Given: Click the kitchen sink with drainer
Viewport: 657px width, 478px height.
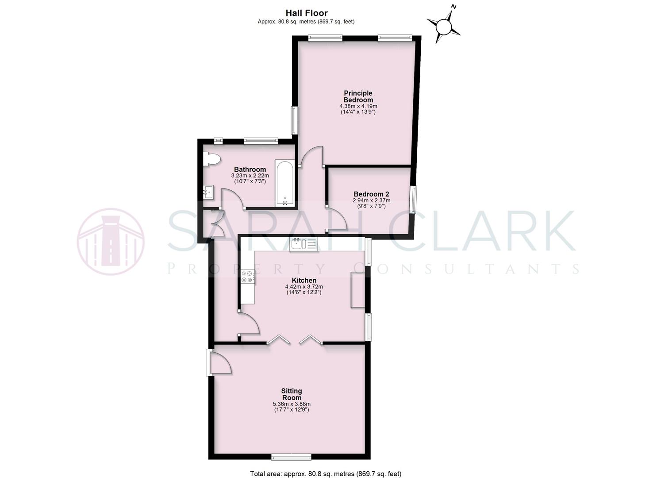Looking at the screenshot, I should pos(304,244).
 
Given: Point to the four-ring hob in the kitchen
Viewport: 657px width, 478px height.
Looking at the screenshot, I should pos(247,277).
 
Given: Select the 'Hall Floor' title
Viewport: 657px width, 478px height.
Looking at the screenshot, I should pos(306,13).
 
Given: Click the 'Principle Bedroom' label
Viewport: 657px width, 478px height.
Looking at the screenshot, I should pos(358,96).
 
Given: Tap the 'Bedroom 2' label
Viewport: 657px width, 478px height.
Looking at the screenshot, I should pos(371,194).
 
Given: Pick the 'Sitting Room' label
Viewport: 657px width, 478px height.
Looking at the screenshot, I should pos(292,394).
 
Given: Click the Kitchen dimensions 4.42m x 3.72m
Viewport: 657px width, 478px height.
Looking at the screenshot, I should pos(304,287).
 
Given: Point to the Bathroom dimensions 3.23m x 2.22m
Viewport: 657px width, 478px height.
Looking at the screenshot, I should pos(250,176).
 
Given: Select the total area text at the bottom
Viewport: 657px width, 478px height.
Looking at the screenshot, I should pos(326,474).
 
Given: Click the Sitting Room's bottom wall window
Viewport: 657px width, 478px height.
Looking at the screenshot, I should pos(291,457).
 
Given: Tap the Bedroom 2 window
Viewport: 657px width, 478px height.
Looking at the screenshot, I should pos(413,200).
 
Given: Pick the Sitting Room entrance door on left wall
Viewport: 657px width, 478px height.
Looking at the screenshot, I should pos(219,363).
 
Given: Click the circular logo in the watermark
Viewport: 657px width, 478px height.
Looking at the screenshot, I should pos(111,242).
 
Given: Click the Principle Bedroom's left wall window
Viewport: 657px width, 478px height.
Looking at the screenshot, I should pos(293,120).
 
